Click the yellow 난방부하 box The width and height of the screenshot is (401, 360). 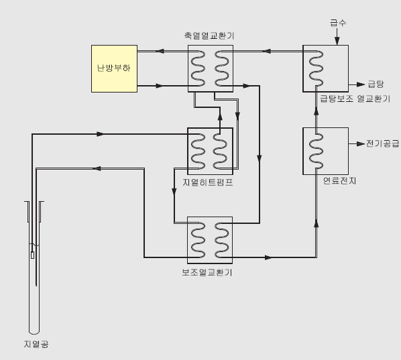pos(114,68)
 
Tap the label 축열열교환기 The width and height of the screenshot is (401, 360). pos(209,36)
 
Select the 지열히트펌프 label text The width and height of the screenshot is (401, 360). pos(208,182)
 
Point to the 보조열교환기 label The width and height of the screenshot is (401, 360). pos(207,272)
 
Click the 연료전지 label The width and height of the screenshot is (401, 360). pos(339,181)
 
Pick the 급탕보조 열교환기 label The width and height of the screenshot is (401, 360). pos(355,99)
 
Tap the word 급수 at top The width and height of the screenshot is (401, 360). pos(338,23)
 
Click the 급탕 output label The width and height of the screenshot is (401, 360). pos(376,84)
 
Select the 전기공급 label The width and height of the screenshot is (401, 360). pos(383,143)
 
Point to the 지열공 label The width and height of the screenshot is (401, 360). pos(36,344)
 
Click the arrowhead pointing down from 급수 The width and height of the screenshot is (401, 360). pos(337,41)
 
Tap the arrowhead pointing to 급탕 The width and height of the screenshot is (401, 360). pos(361,84)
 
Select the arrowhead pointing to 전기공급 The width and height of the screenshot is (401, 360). pos(361,144)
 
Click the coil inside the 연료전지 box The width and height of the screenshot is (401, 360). pos(316,151)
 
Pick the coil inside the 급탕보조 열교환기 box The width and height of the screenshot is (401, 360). pos(316,68)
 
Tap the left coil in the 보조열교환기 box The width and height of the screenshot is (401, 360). pos(198,240)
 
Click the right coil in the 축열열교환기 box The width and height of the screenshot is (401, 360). pos(222,68)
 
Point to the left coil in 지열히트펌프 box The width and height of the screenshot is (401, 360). pos(198,151)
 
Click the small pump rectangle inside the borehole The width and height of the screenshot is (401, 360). pos(32,255)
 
